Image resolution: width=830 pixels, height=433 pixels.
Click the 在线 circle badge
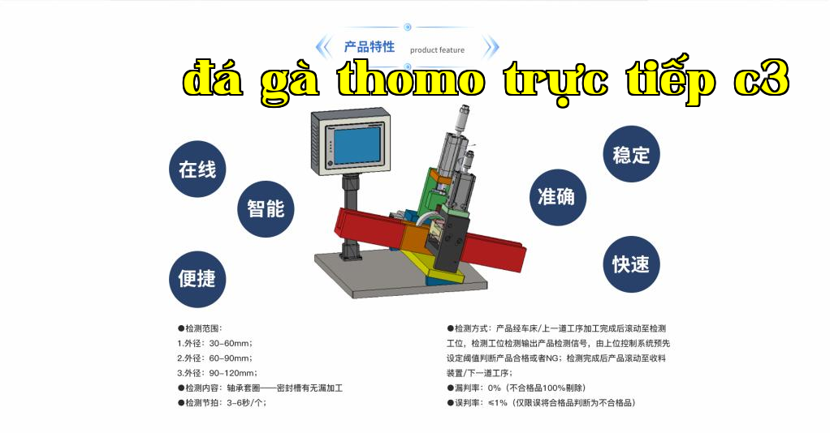pos(197,169)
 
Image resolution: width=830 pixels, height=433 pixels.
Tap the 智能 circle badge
pos(266,209)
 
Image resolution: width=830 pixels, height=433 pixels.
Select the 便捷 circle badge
pos(197,279)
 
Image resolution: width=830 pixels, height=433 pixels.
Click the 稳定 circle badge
pos(632,154)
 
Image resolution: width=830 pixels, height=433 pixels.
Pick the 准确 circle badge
pos(558,197)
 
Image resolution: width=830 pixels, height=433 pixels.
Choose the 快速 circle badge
pos(632,264)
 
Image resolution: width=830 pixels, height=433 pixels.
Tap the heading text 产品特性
pos(370,47)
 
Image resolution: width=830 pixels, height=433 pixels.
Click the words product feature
pos(437,50)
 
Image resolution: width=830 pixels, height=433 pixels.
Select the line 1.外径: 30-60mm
pos(215,343)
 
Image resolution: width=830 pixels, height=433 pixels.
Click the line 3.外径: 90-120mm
pos(217,373)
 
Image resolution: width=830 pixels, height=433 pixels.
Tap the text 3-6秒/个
pos(246,403)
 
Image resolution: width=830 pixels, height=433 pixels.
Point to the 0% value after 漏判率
pos(495,388)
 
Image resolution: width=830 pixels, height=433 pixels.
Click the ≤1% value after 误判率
pos(498,403)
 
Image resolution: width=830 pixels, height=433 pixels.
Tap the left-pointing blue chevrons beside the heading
pos(323,47)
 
